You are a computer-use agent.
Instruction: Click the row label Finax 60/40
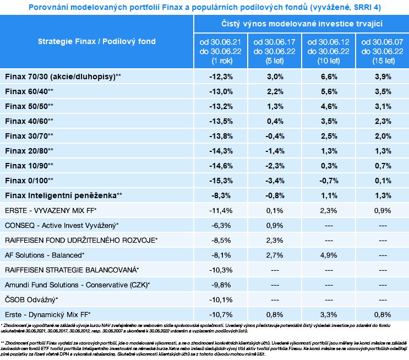[29, 91]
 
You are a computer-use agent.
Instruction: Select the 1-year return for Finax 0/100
[221, 181]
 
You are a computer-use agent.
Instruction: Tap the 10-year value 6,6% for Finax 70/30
[329, 77]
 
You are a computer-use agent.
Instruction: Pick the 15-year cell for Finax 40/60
[383, 121]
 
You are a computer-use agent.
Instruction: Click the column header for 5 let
[274, 51]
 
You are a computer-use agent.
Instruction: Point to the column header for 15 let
[383, 51]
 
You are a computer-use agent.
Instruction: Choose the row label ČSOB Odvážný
[31, 300]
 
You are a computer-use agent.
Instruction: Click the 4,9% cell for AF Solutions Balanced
[329, 255]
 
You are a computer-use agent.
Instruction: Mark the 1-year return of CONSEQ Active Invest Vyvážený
[221, 225]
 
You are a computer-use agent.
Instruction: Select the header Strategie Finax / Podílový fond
[97, 41]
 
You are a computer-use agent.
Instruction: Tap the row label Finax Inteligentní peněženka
[63, 195]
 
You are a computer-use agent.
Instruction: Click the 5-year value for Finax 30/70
[275, 136]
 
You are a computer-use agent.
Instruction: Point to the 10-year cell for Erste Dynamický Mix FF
[329, 315]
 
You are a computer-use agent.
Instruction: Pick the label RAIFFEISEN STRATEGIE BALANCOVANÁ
[72, 270]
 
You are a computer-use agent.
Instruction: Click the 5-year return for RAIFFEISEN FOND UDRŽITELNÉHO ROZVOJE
[275, 240]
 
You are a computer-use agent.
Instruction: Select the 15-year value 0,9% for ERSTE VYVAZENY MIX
[383, 210]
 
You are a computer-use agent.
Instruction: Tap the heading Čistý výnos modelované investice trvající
[302, 24]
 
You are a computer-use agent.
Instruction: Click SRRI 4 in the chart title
[367, 7]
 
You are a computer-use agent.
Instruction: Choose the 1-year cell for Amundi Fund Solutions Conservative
[221, 285]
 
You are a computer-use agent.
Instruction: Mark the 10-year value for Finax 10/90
[329, 166]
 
